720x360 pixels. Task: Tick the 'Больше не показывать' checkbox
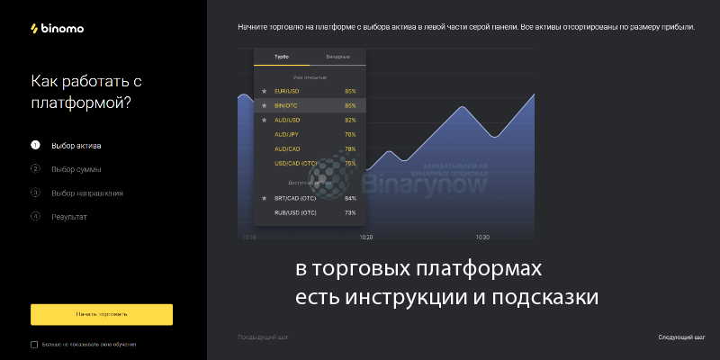click(34, 344)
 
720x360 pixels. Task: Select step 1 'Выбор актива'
click(76, 145)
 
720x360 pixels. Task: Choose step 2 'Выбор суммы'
click(76, 169)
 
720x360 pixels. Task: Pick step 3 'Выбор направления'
click(86, 193)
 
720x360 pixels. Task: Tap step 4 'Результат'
click(69, 216)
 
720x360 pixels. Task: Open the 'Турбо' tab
click(282, 57)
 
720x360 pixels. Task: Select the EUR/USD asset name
click(287, 91)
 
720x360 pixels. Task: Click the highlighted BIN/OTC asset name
click(285, 105)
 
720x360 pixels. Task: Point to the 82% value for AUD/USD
click(350, 120)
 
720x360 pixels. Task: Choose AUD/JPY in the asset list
click(287, 134)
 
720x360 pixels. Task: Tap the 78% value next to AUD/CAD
click(350, 148)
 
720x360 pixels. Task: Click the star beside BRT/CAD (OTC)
click(264, 198)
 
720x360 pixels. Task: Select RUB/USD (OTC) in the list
click(295, 212)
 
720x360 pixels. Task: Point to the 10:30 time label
click(482, 238)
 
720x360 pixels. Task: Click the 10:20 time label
click(366, 238)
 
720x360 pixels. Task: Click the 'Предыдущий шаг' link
click(263, 337)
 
